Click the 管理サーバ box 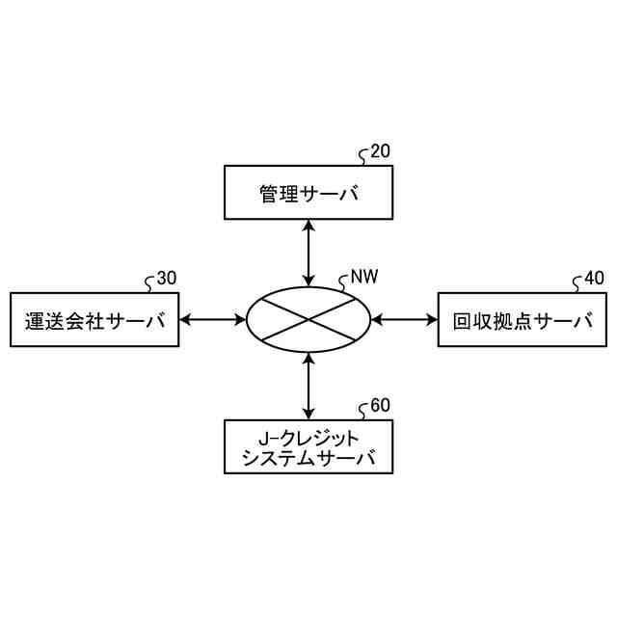tap(308, 193)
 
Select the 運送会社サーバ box tap(94, 319)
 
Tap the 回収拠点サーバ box tap(522, 319)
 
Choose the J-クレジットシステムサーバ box tap(308, 446)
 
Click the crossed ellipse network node tap(308, 319)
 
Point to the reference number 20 tap(381, 151)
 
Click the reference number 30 tap(166, 279)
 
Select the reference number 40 tap(594, 279)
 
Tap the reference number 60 tap(380, 405)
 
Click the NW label tap(363, 278)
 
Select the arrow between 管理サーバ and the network tap(308, 253)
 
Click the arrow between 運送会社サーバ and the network tap(213, 319)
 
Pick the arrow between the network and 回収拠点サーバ tap(404, 319)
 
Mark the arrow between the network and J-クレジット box tap(308, 385)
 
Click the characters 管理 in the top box tap(275, 193)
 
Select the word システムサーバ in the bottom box tap(308, 457)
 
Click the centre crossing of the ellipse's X tap(308, 319)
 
